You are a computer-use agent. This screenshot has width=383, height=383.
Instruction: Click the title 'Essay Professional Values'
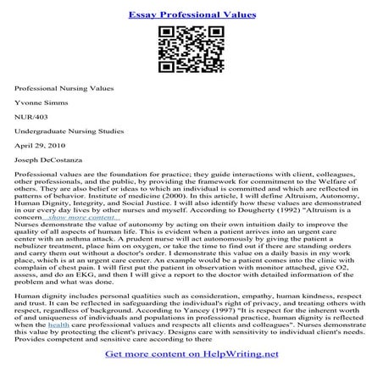tap(191, 14)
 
